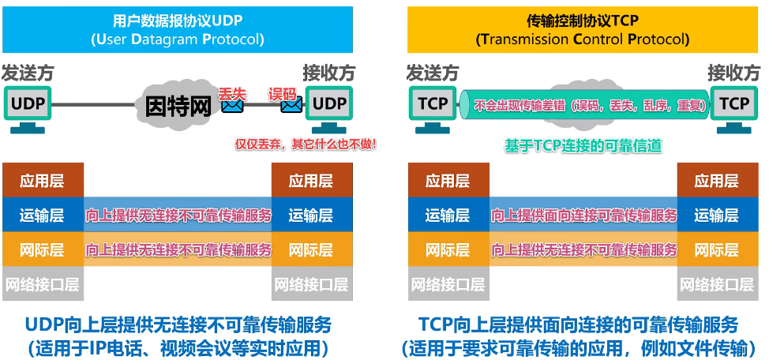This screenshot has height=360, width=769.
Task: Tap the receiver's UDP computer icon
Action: tap(328, 107)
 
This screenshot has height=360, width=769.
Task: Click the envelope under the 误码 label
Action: tap(291, 103)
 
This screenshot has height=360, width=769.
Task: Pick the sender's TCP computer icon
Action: tap(432, 107)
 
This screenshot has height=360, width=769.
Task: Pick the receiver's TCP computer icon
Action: tap(733, 107)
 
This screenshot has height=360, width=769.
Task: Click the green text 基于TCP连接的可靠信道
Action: tap(583, 145)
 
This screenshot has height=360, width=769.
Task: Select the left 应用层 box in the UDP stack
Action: tap(43, 181)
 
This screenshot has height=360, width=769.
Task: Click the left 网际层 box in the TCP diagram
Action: tap(448, 249)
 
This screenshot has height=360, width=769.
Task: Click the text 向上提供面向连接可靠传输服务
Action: tap(584, 216)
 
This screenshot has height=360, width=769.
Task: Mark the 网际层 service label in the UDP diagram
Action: tap(178, 249)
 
